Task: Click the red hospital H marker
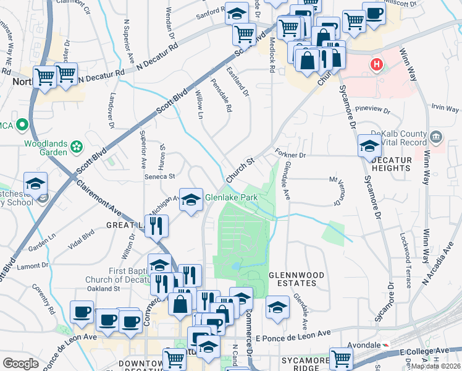[376, 64]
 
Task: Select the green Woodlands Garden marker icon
[77, 147]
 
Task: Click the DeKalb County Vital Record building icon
[436, 135]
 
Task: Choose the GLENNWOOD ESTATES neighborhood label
[292, 278]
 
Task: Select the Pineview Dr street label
[369, 111]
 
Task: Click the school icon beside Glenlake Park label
[191, 199]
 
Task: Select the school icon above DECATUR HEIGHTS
[369, 146]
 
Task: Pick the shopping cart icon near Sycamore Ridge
[341, 357]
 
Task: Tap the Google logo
[20, 363]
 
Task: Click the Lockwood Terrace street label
[405, 246]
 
